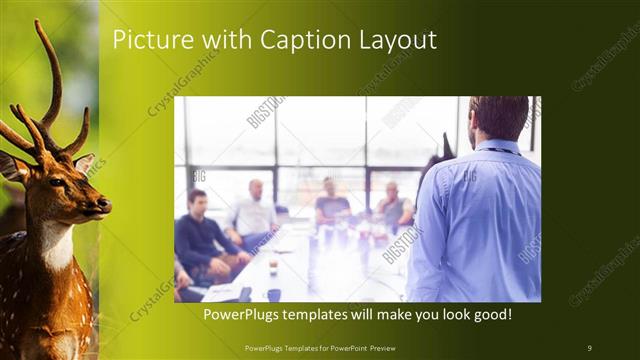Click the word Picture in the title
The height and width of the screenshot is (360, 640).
coord(146,41)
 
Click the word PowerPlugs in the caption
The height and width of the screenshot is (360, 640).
coord(244,314)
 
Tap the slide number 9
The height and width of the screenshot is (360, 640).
coord(589,347)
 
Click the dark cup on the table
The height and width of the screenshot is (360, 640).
coord(273,294)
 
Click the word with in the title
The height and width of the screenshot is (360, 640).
coord(220,41)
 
